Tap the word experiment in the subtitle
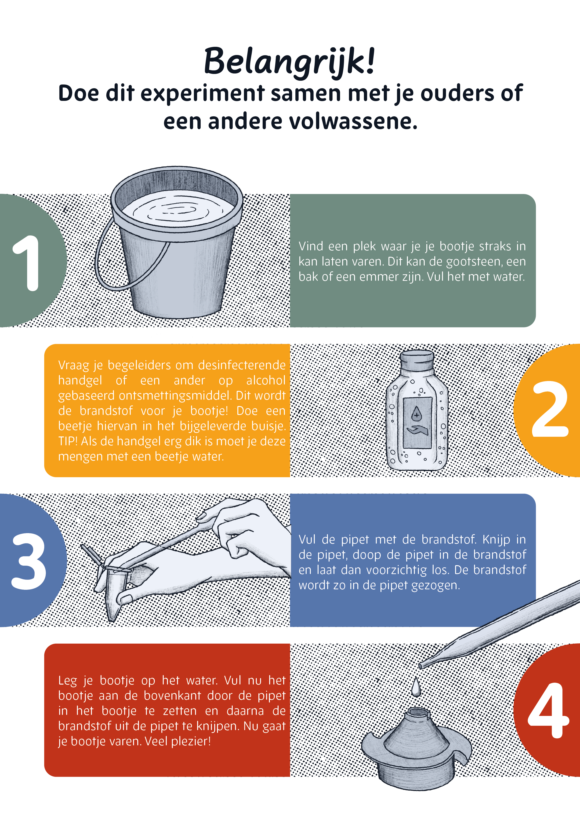202,94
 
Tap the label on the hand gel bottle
417,423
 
